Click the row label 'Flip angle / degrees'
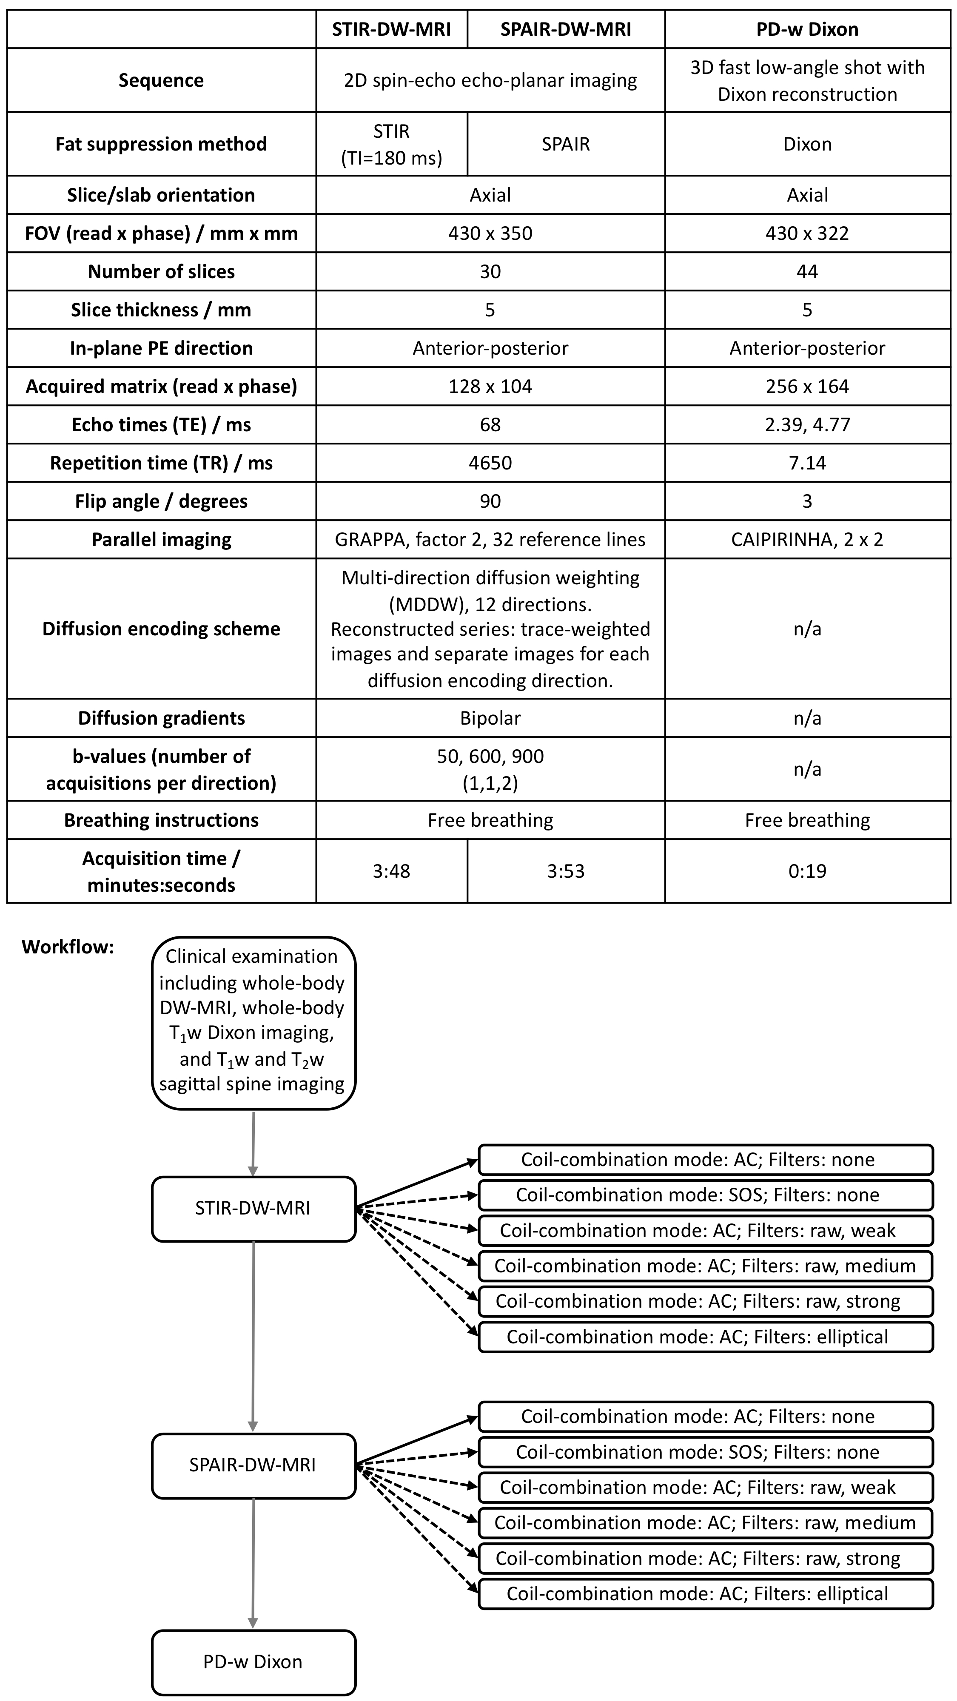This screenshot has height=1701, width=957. coord(161,501)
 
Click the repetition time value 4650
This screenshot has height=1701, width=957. coord(490,463)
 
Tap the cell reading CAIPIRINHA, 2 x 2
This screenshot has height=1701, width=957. coord(807,540)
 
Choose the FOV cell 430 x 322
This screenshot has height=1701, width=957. coord(807,233)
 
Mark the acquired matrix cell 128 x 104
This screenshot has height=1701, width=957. coord(490,386)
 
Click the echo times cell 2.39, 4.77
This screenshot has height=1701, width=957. coord(807,424)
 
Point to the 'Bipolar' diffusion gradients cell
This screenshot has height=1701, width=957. coord(490,718)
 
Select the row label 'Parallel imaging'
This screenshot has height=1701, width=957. coord(161,540)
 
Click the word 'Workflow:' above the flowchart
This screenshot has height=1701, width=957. coord(68,947)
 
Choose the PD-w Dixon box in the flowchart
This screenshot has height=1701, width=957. coord(253,1661)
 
